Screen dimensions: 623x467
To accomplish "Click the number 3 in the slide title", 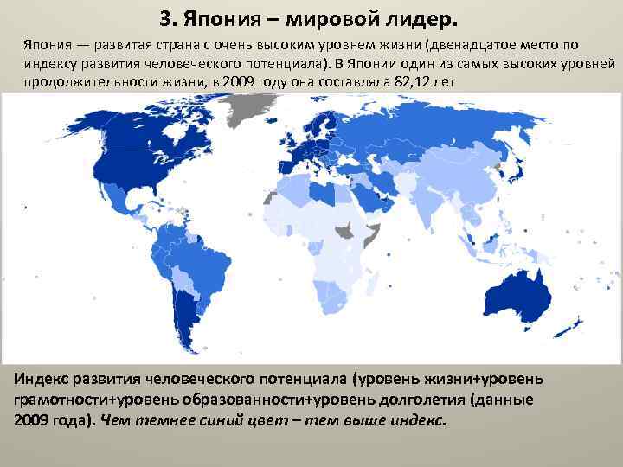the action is (167, 18).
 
